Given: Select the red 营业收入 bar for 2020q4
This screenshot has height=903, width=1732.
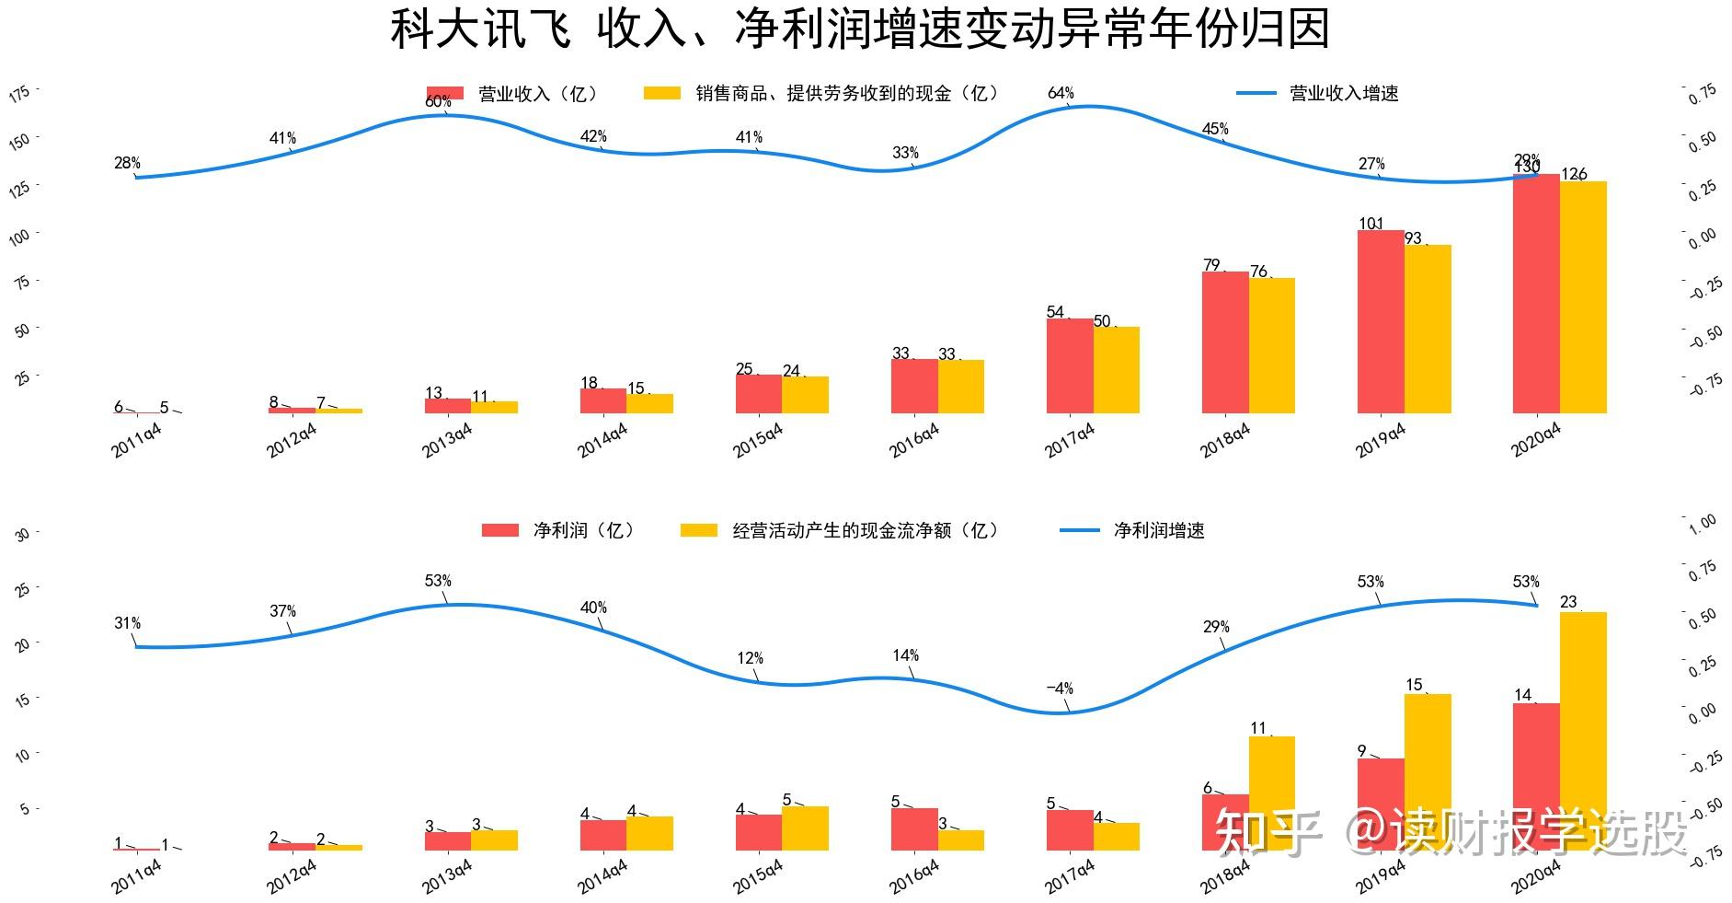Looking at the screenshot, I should point(1536,294).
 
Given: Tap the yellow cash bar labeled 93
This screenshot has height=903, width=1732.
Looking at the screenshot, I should point(1428,329).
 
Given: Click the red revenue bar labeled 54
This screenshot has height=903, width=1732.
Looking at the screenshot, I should point(1070,365).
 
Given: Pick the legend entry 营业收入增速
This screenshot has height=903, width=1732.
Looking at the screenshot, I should point(1343,93).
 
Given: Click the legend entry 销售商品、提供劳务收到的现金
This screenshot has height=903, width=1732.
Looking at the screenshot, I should point(845,93).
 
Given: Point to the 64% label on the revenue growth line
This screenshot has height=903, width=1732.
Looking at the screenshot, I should point(1061,93).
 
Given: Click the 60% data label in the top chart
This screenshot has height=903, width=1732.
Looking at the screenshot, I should point(438,102).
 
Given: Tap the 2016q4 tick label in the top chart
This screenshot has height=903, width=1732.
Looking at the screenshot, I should point(913,440).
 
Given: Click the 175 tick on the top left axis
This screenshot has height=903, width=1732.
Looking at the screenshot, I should point(19,93).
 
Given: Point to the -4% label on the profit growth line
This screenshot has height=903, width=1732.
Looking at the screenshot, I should point(1060,689).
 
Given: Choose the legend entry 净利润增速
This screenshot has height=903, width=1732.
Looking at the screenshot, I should point(1158,530).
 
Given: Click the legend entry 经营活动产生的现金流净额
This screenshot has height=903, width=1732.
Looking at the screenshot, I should point(864,530).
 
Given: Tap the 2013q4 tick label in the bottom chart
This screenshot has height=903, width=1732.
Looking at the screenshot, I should point(447,876).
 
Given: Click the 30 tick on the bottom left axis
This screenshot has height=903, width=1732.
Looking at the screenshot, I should point(23,534).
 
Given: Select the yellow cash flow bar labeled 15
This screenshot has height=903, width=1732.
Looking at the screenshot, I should point(1428,771).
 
